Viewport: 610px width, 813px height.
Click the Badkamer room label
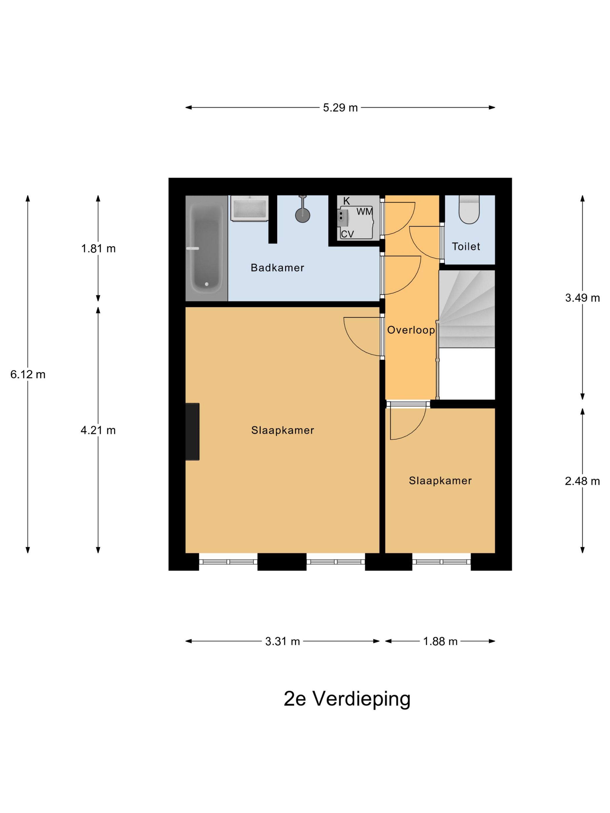[x=277, y=268]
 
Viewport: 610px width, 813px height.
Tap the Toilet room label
[x=466, y=246]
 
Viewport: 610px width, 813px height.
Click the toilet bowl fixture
[x=469, y=210]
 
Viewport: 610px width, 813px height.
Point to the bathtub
[x=206, y=248]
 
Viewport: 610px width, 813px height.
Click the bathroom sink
[x=250, y=208]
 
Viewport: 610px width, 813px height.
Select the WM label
[x=364, y=212]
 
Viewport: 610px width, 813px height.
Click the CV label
[x=347, y=234]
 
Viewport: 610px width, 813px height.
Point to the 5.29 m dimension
[x=340, y=108]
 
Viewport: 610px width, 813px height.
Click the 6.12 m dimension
[x=28, y=374]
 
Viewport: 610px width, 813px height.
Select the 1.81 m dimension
[x=98, y=249]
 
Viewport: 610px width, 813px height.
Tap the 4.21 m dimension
[x=98, y=430]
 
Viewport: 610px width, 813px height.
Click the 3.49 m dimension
[x=582, y=298]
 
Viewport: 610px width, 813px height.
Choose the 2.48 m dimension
[x=582, y=481]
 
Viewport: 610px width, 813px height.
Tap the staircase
[x=467, y=309]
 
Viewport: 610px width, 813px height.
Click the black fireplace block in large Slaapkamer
[x=192, y=431]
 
